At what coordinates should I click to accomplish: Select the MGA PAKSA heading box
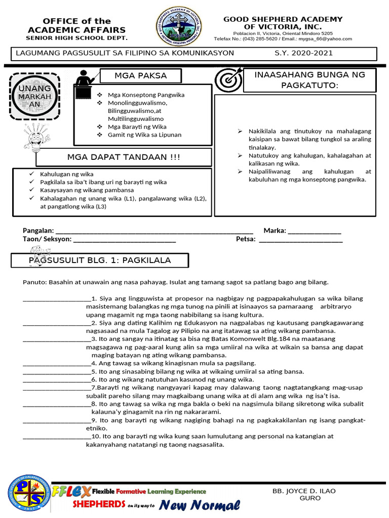(140, 76)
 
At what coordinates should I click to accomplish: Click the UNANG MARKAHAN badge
(35, 96)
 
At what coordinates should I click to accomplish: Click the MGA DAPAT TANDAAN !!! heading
(124, 157)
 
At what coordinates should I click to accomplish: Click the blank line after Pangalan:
(154, 231)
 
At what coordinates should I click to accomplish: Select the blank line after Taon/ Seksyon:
(125, 239)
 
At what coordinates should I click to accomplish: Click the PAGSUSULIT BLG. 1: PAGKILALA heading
(100, 261)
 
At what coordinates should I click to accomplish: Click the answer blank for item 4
(57, 363)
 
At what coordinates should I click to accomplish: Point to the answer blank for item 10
(57, 436)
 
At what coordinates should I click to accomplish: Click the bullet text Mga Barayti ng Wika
(137, 127)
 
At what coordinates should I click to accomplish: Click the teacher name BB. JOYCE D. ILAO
(304, 491)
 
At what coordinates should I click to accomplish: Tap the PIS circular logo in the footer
(29, 493)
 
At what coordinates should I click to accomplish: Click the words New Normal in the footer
(200, 504)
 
